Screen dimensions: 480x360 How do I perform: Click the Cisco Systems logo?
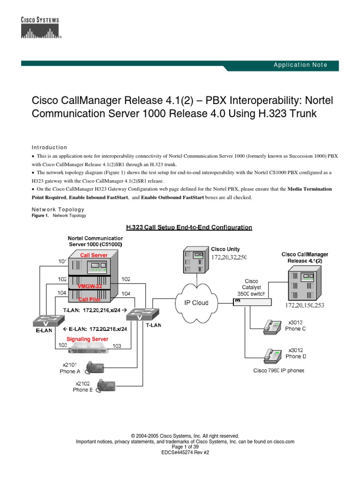tap(40, 28)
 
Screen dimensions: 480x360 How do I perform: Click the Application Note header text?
tap(300, 65)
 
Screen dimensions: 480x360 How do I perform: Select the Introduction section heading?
tap(49, 147)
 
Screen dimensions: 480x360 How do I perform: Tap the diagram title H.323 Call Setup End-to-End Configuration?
tap(189, 228)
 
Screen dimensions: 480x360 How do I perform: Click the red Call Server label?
tap(94, 255)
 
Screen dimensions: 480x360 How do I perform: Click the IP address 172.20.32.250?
tap(229, 258)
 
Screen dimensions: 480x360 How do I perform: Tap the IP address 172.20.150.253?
tap(305, 305)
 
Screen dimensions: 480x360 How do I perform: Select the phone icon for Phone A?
tap(94, 367)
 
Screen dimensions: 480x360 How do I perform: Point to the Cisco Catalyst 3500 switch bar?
tap(252, 302)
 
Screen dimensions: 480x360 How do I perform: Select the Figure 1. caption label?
tap(40, 216)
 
